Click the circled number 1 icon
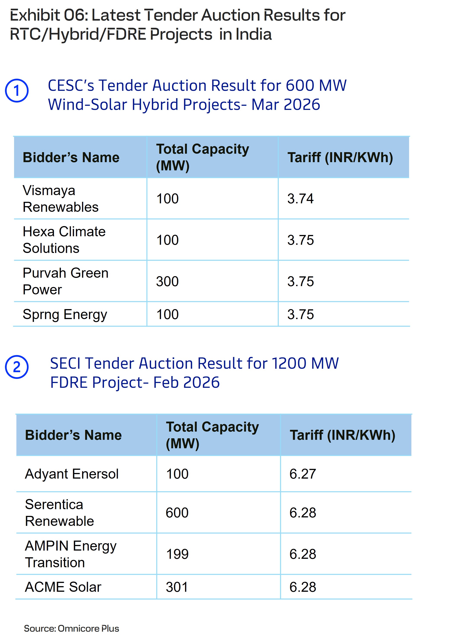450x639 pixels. click(17, 91)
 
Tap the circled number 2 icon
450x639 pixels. click(17, 367)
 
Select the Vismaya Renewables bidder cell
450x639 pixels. click(60, 199)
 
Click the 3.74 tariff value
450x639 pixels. click(300, 199)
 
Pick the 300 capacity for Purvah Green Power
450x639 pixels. click(167, 281)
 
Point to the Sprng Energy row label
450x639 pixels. click(65, 315)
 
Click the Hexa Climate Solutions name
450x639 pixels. click(64, 240)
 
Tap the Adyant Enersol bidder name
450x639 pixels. click(71, 474)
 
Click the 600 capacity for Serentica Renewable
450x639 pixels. click(177, 513)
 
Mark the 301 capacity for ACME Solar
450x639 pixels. click(177, 587)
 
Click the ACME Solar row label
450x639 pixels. click(63, 587)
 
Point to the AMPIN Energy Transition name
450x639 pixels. click(70, 554)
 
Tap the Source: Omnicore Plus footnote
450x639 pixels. click(71, 628)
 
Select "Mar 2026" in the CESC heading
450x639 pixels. click(286, 105)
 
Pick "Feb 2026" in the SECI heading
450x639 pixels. click(186, 382)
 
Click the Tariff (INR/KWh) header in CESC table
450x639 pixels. click(340, 158)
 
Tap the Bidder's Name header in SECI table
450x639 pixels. click(73, 435)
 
